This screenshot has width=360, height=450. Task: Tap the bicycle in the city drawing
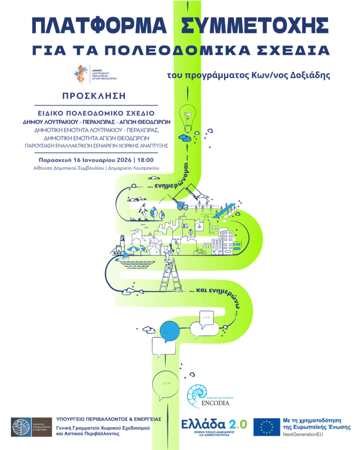pyautogui.click(x=200, y=251)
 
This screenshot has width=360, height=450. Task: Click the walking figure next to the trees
pyautogui.click(x=142, y=212)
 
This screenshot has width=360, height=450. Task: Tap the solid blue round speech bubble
pyautogui.click(x=170, y=330)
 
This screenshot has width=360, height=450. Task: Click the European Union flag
pyautogui.click(x=266, y=427)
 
